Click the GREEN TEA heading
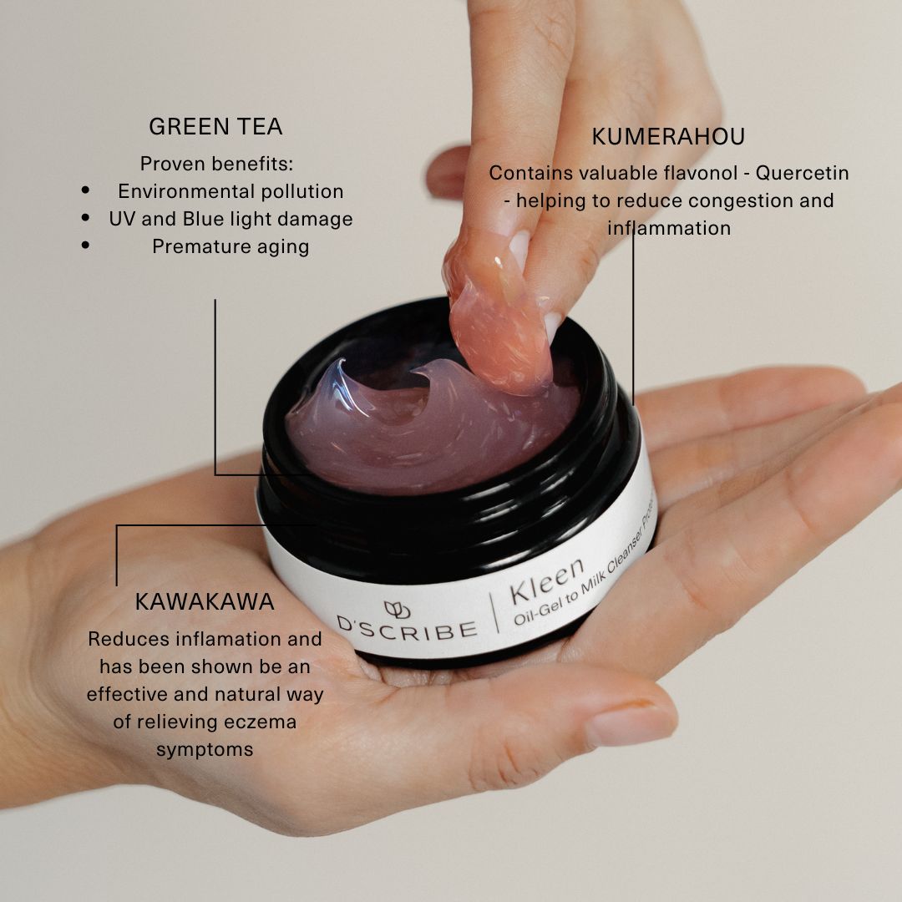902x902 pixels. point(215,127)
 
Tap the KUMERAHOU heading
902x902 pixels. point(668,136)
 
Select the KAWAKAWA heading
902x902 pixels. point(205,601)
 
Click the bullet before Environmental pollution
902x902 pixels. point(86,190)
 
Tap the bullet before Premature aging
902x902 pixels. point(86,245)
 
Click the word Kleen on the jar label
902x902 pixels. point(546,581)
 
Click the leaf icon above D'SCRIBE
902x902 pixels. point(397,610)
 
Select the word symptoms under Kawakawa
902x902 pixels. point(205,750)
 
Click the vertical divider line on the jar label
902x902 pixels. point(494,613)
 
